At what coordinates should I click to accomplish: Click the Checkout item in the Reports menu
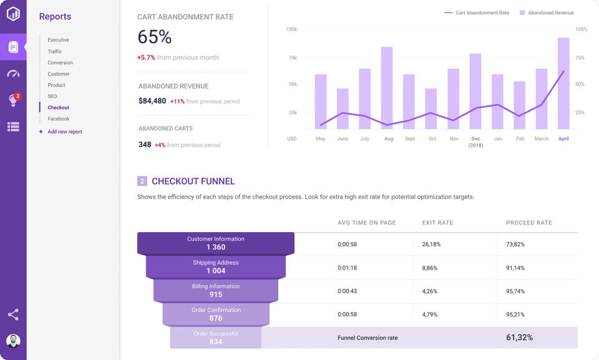(58, 108)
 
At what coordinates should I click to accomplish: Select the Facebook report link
(59, 119)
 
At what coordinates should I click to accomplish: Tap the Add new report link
(64, 132)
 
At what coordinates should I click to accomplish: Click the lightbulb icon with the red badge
(13, 100)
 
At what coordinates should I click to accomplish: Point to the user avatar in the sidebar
(13, 341)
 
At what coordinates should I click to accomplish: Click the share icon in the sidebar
(13, 314)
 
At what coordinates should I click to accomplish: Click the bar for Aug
(387, 88)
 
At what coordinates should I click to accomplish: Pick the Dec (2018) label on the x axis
(475, 142)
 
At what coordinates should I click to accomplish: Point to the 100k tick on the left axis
(291, 29)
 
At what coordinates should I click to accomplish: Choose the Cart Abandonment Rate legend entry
(477, 12)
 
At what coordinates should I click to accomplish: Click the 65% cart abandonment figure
(154, 37)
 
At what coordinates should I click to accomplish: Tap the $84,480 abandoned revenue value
(152, 101)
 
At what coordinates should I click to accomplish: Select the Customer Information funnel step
(215, 243)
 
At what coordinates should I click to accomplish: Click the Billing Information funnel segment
(215, 291)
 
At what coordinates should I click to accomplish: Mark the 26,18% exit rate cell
(431, 244)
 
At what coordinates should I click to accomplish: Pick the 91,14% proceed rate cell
(515, 268)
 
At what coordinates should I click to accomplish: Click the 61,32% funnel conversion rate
(519, 338)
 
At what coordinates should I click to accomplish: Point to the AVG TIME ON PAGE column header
(366, 223)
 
